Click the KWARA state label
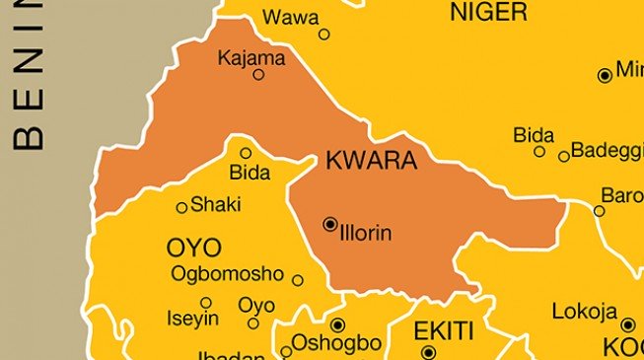click(x=371, y=162)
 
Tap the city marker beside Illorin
click(x=330, y=224)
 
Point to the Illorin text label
click(x=366, y=234)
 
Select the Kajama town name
click(x=250, y=57)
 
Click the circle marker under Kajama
click(x=258, y=74)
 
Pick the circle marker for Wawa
click(x=323, y=35)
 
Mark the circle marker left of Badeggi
click(x=563, y=156)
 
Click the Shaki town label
click(x=215, y=204)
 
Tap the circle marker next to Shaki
click(x=181, y=207)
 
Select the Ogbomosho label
click(x=227, y=274)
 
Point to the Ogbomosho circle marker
click(x=297, y=280)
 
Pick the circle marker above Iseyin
click(x=205, y=303)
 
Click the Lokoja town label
click(x=584, y=311)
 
